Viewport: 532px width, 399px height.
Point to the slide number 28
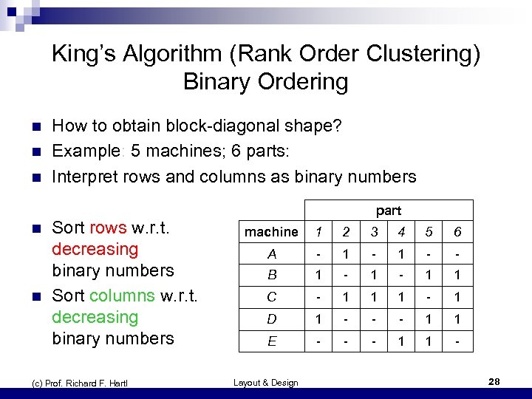point(495,381)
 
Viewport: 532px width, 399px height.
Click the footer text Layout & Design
point(266,382)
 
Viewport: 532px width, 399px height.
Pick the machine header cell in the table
point(272,232)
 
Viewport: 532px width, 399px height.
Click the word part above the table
point(388,211)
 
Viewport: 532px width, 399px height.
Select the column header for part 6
point(458,232)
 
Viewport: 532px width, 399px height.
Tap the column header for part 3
point(375,232)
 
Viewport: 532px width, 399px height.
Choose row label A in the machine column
point(272,254)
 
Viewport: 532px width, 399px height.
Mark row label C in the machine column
point(272,299)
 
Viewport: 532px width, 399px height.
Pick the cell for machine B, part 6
point(458,276)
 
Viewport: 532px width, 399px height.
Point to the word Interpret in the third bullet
point(83,177)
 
